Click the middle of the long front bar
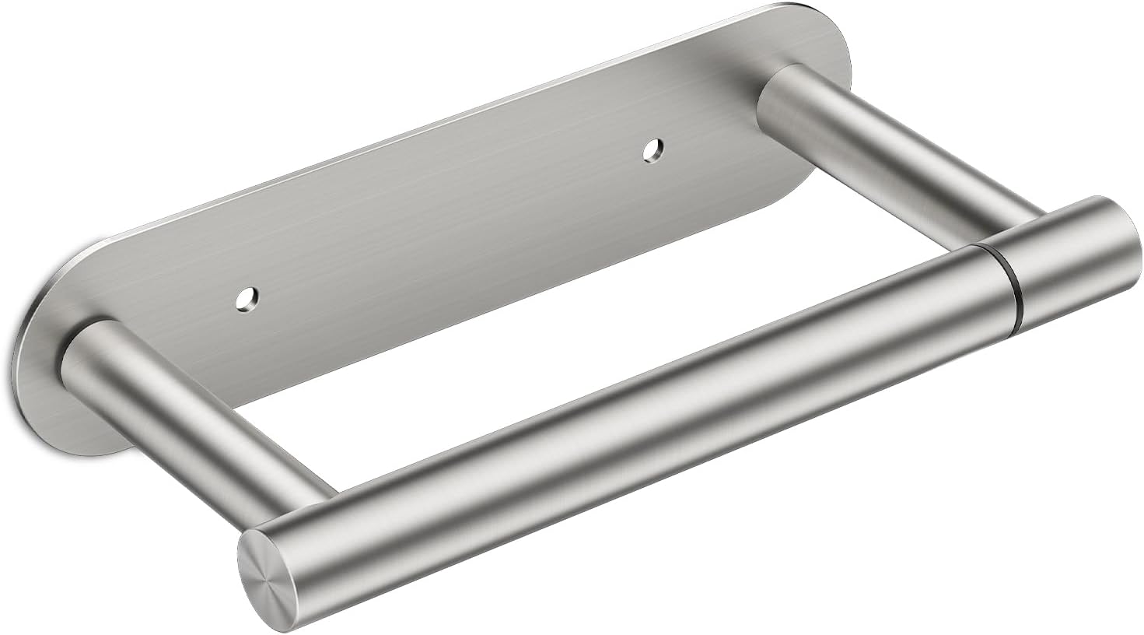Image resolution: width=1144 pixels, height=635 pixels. pos(622,412)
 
